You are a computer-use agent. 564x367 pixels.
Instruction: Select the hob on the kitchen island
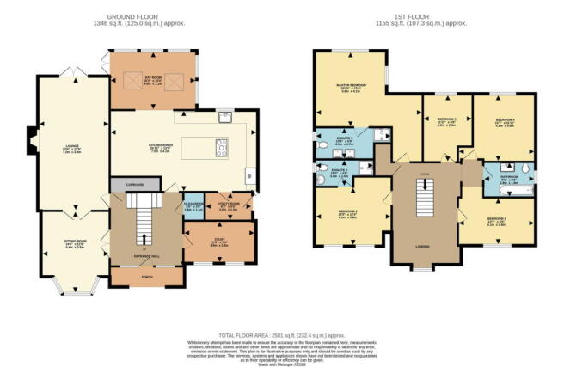tap(221, 145)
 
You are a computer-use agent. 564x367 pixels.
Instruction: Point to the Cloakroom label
tap(194, 205)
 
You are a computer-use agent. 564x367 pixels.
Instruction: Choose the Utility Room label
tap(230, 205)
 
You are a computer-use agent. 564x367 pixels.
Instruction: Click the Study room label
tap(219, 242)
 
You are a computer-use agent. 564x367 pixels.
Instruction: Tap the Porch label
tap(145, 276)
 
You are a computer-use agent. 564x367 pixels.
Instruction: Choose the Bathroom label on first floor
tap(509, 179)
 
